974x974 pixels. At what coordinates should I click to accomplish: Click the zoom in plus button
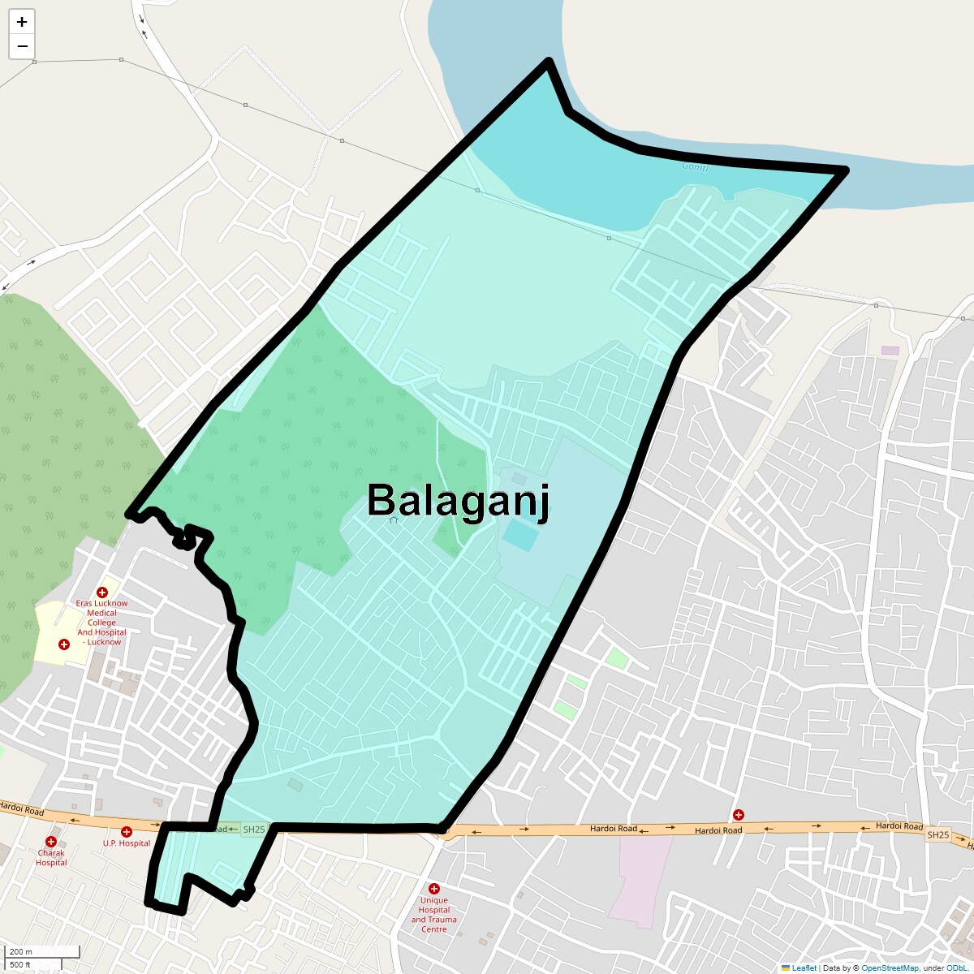click(22, 22)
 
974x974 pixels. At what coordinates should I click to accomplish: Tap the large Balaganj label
click(459, 500)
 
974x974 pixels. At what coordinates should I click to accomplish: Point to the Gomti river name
click(696, 166)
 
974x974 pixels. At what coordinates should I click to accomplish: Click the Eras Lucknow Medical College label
click(102, 623)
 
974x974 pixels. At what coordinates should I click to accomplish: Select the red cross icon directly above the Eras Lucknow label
click(102, 593)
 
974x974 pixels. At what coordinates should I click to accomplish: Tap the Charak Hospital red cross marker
click(51, 842)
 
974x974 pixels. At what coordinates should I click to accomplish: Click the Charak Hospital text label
click(51, 858)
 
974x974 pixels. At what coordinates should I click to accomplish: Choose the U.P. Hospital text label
click(127, 843)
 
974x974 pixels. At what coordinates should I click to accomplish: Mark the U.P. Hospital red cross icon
click(127, 832)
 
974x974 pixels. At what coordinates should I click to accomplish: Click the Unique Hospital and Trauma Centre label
click(434, 915)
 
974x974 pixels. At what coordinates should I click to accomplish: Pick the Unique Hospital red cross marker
click(434, 889)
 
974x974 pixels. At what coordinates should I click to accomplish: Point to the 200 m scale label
click(21, 952)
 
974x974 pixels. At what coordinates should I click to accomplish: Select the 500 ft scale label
click(20, 965)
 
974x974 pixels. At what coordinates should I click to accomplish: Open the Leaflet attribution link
click(804, 968)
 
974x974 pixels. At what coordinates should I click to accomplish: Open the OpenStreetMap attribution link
click(890, 968)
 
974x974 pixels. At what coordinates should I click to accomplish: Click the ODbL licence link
click(956, 968)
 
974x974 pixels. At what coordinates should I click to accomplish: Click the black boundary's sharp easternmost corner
click(845, 170)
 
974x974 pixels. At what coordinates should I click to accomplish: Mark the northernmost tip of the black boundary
click(549, 62)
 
